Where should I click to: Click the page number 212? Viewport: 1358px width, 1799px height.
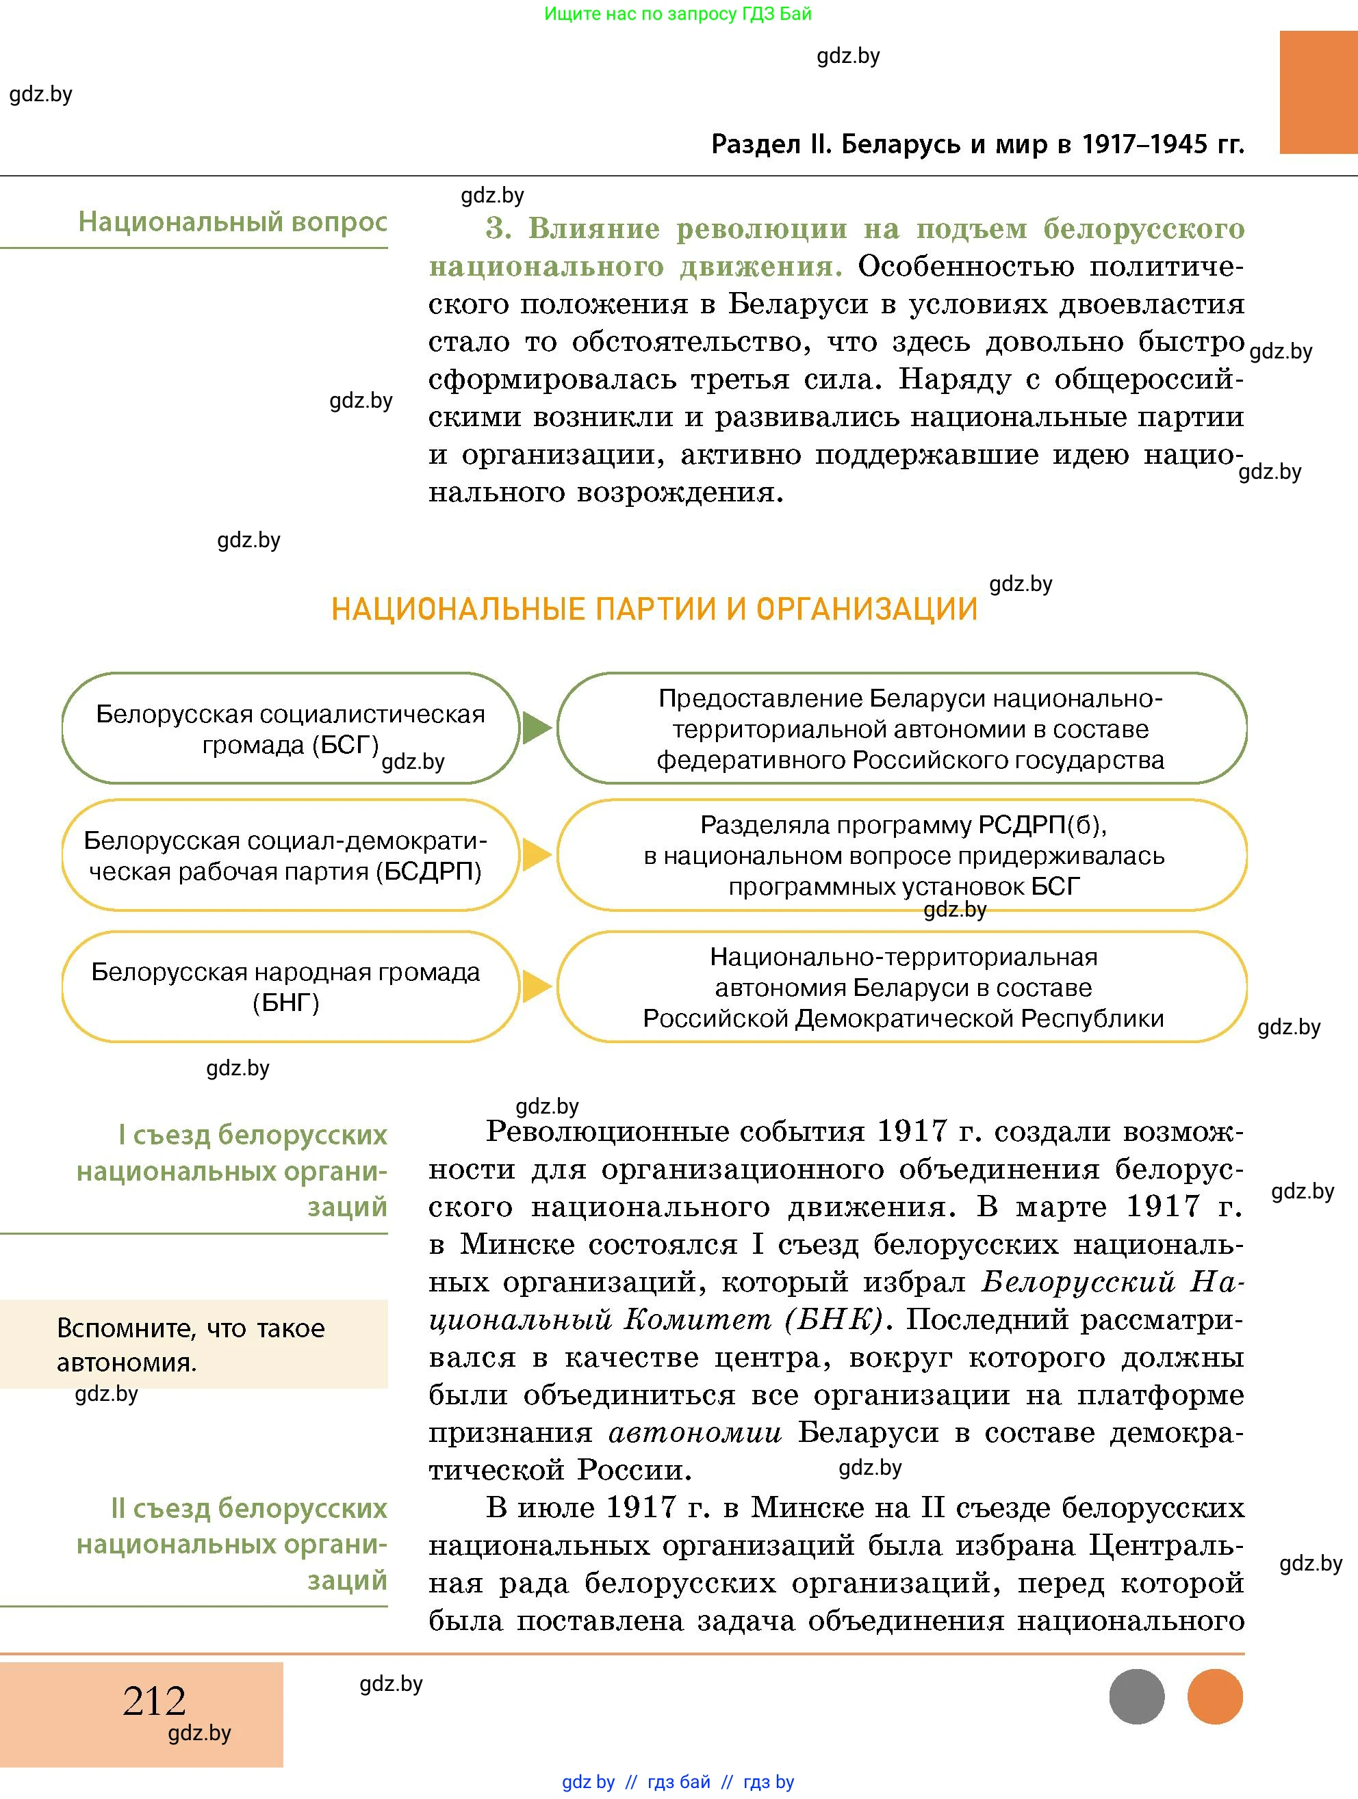pyautogui.click(x=154, y=1700)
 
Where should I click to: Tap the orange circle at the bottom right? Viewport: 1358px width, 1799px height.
pyautogui.click(x=1215, y=1696)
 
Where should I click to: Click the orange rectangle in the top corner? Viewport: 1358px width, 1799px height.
pyautogui.click(x=1318, y=92)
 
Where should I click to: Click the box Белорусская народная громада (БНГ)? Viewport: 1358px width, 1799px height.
pyautogui.click(x=290, y=986)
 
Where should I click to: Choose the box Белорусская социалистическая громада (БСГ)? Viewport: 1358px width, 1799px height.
pyautogui.click(x=290, y=728)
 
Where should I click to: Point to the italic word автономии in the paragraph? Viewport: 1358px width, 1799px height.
pyautogui.click(x=695, y=1432)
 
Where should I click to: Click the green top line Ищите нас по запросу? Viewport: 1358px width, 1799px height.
pyautogui.click(x=677, y=14)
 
